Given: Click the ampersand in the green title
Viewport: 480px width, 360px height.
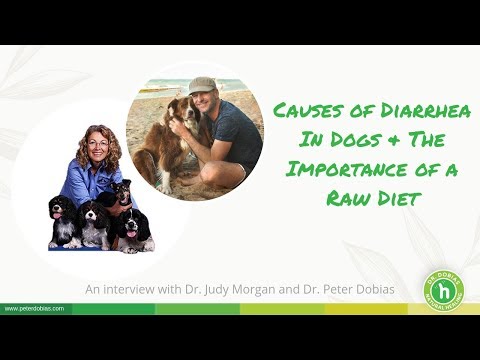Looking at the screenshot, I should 380,140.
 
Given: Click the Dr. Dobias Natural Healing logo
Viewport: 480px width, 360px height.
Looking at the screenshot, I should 444,290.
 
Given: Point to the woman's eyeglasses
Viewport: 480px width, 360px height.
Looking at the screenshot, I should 98,144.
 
